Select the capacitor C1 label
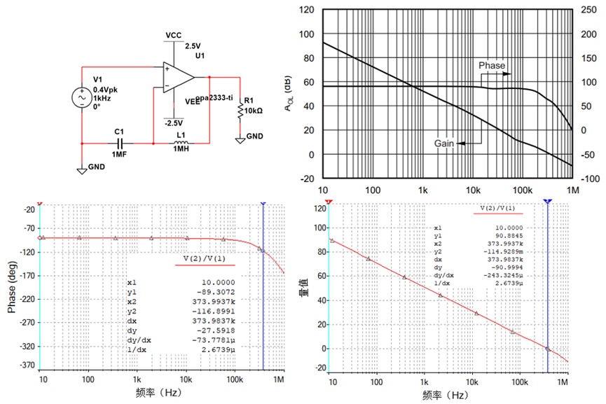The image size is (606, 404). [119, 131]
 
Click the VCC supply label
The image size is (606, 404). [174, 34]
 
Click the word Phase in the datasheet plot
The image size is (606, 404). [492, 65]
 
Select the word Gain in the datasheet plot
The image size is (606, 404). [444, 143]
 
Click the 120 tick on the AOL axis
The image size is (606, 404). [308, 11]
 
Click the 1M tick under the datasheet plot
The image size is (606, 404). [572, 190]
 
